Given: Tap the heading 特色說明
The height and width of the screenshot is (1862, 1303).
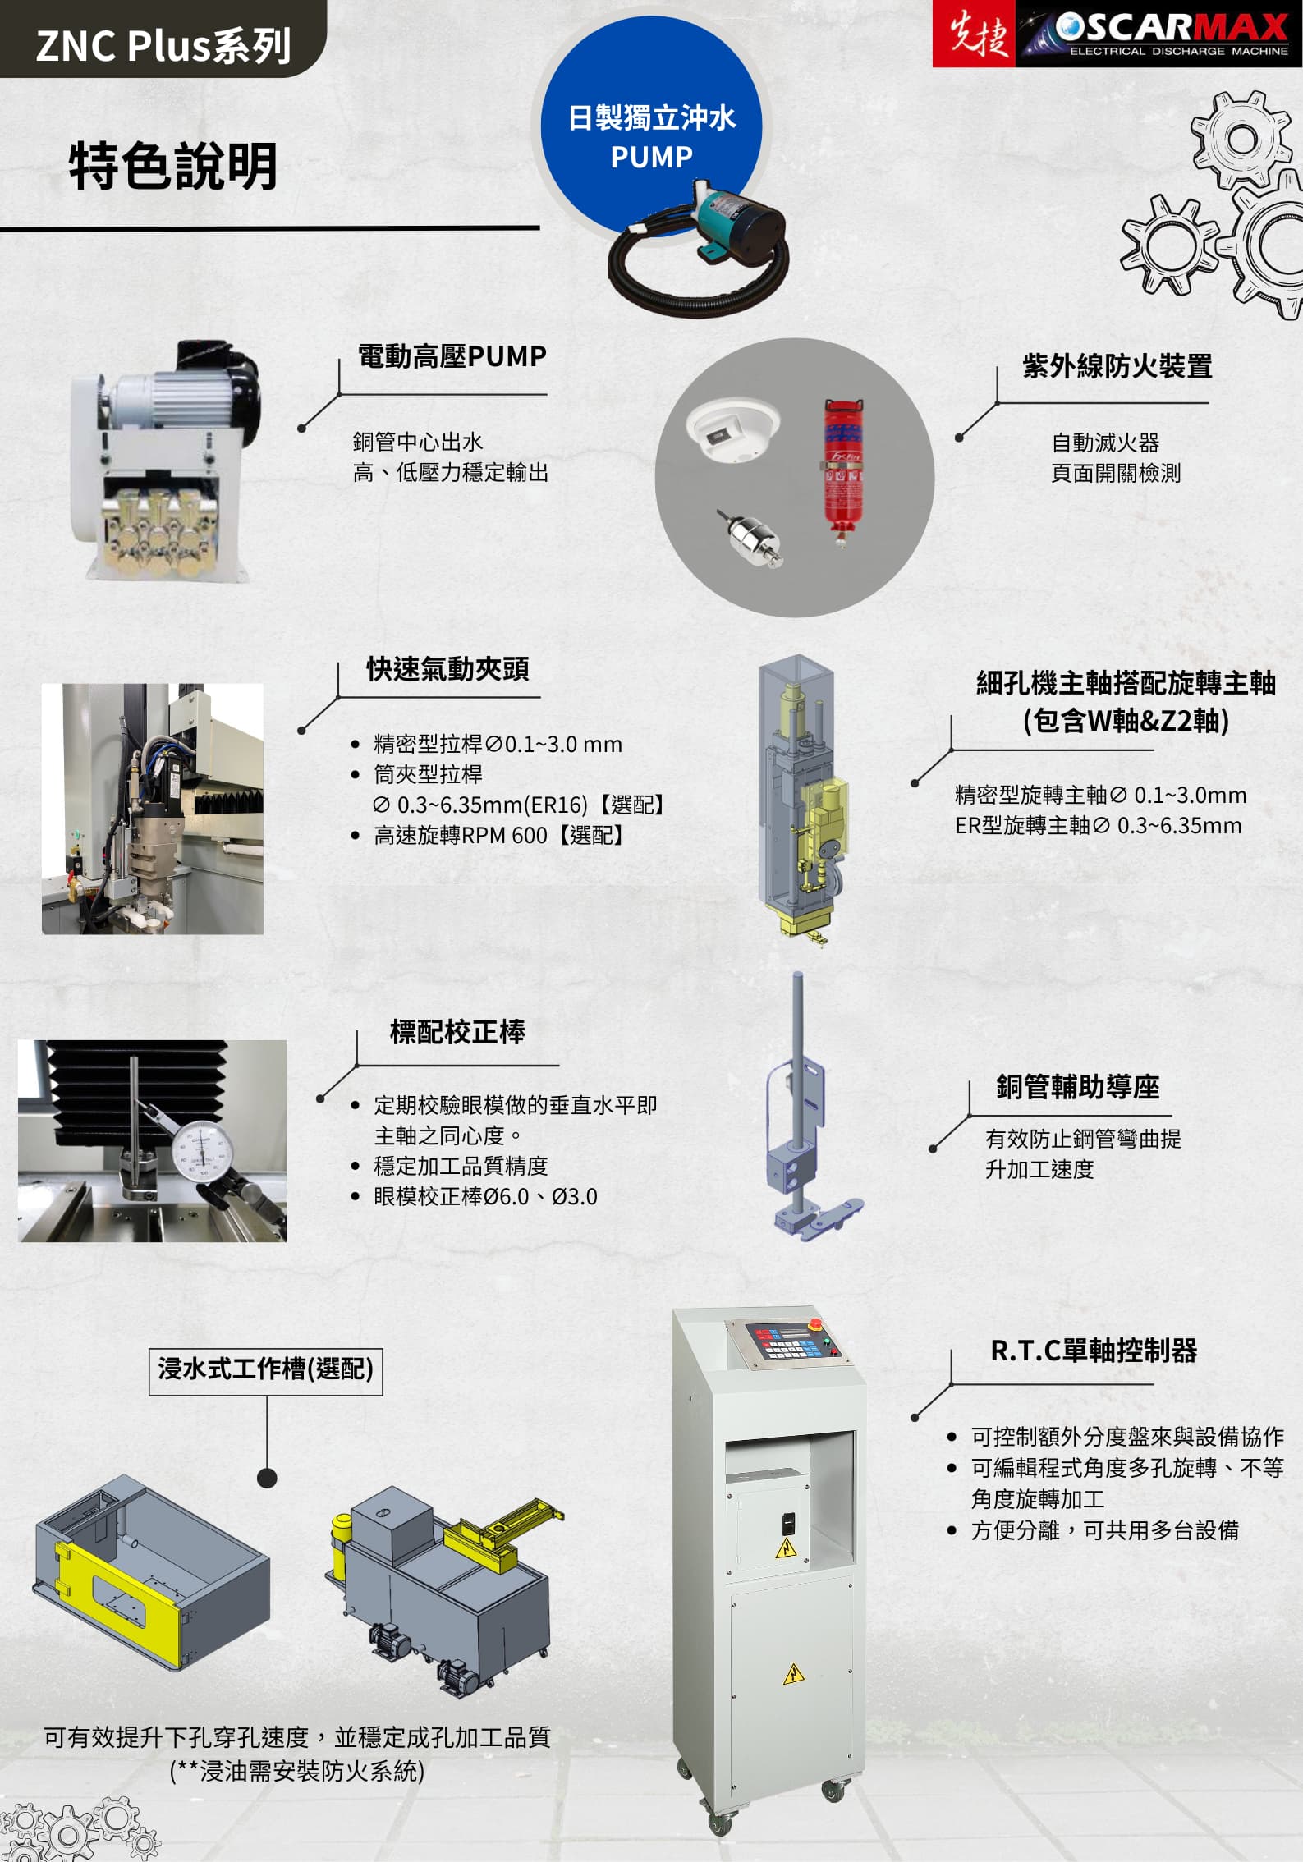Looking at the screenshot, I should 173,167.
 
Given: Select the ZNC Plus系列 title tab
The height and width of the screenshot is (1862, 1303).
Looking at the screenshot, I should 163,44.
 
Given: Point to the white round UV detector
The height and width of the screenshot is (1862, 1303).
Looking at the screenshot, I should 733,427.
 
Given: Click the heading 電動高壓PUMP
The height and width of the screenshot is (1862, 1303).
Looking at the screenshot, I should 452,356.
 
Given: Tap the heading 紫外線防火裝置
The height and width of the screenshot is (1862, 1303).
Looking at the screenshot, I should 1117,366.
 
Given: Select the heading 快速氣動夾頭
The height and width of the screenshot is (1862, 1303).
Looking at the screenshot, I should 447,669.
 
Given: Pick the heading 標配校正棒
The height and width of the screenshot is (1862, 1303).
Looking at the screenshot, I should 457,1032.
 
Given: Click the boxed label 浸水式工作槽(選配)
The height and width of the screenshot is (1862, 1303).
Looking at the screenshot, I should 266,1369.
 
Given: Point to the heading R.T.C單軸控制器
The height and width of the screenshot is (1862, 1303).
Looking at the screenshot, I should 1094,1351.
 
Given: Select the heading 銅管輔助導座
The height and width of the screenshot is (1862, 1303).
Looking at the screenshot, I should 1077,1087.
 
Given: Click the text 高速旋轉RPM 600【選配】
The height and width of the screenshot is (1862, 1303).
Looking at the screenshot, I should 501,836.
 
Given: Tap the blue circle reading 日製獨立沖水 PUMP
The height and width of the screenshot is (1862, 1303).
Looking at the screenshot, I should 651,123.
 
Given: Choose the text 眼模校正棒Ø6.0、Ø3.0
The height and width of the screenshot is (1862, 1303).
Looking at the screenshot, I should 485,1196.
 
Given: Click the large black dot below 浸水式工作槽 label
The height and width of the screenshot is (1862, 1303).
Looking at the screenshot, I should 267,1478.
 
